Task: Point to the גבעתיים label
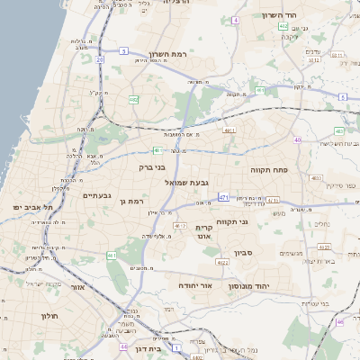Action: tap(96, 195)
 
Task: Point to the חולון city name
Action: tap(49, 316)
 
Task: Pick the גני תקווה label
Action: tap(233, 221)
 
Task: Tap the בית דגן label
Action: tap(146, 347)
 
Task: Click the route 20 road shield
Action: tap(99, 59)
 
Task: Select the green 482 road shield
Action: tap(133, 100)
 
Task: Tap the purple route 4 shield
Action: tap(236, 20)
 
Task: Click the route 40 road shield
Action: tap(297, 139)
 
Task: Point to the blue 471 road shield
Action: tap(223, 196)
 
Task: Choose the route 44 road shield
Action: tap(122, 346)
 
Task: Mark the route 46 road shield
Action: tap(340, 321)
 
